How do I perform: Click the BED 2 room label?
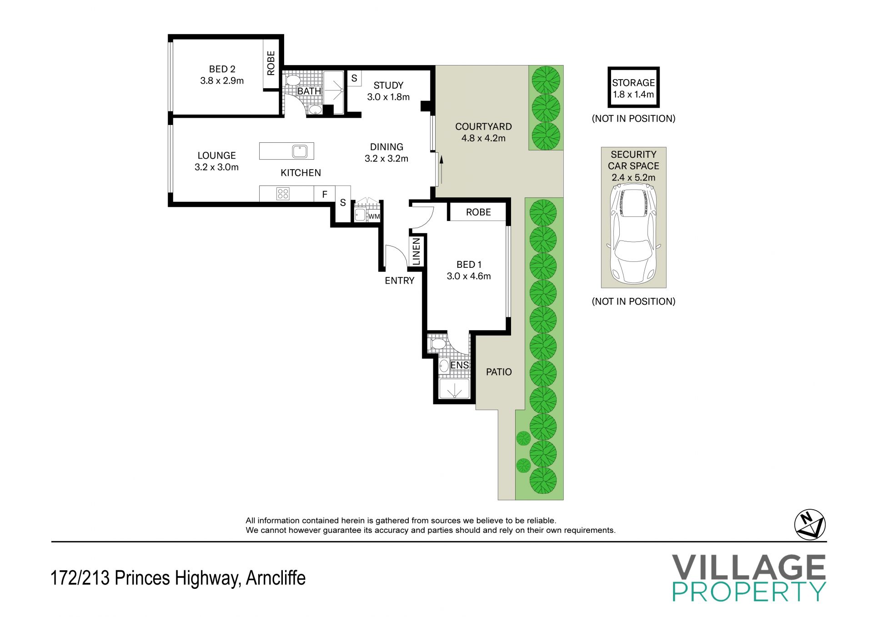pos(222,69)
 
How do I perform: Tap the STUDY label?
pos(388,85)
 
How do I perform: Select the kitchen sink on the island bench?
pos(300,151)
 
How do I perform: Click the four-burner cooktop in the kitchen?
pos(283,194)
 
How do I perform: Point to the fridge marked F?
pos(325,194)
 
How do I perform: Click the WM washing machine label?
pos(374,216)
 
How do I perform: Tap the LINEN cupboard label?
pos(416,251)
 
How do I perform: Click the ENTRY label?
pos(400,281)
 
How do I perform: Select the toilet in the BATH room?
pos(292,80)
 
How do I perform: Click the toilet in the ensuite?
pos(437,343)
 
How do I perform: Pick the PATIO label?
pos(499,372)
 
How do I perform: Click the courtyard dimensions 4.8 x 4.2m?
pos(483,138)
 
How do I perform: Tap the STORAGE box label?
pos(633,83)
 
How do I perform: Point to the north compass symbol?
pos(810,525)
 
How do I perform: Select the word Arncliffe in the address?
pos(276,578)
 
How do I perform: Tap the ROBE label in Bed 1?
pos(478,212)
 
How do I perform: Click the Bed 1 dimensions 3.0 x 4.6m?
pos(469,276)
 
